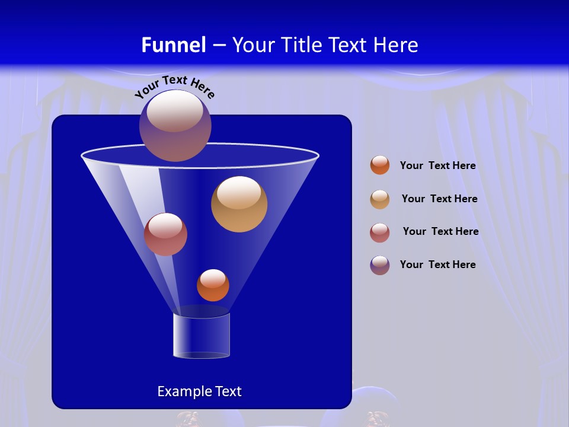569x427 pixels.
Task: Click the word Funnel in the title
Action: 174,45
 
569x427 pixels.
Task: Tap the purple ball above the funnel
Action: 175,125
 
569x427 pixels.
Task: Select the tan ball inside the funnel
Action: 239,204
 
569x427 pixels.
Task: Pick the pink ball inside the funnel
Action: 165,234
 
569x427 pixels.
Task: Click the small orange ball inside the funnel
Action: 213,285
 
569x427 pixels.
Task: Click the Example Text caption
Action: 199,391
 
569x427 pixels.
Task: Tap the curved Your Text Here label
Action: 174,86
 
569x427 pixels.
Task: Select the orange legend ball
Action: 380,165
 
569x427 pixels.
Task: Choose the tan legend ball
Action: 380,199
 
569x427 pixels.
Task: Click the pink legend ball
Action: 380,232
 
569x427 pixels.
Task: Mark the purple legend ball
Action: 380,265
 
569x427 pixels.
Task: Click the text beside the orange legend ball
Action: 437,166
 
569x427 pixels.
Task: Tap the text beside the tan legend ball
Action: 439,199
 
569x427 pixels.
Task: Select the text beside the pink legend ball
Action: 440,232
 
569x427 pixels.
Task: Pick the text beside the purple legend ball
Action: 437,265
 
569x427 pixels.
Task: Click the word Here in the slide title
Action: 395,45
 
